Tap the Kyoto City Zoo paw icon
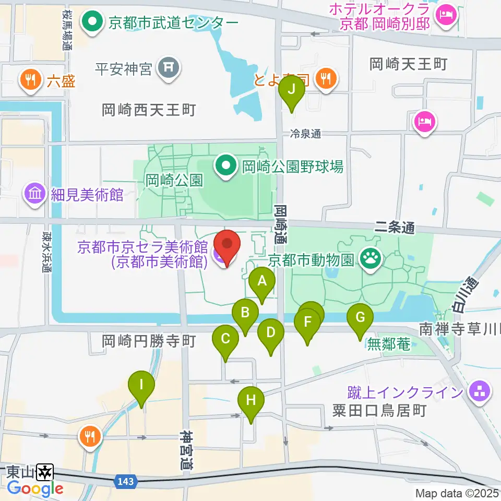coord(371,257)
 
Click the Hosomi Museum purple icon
coord(35,195)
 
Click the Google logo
coord(35,488)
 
